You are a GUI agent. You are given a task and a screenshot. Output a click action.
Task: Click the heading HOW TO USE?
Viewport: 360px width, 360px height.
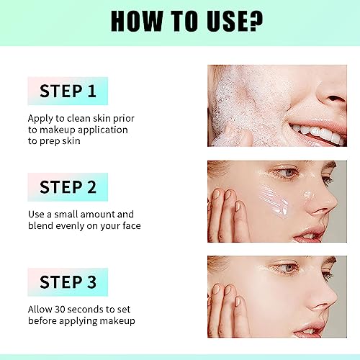click(x=179, y=22)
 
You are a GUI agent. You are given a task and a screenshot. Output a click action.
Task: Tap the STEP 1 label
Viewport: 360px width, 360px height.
click(x=67, y=91)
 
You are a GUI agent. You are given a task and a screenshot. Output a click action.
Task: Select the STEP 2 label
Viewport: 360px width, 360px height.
click(x=67, y=187)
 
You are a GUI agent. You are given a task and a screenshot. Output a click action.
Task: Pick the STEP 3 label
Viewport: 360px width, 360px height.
click(x=67, y=282)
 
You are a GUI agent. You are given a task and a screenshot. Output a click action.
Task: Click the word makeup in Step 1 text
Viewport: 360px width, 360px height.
click(x=52, y=130)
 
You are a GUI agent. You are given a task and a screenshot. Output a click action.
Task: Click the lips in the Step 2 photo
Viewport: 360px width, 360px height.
click(x=316, y=233)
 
